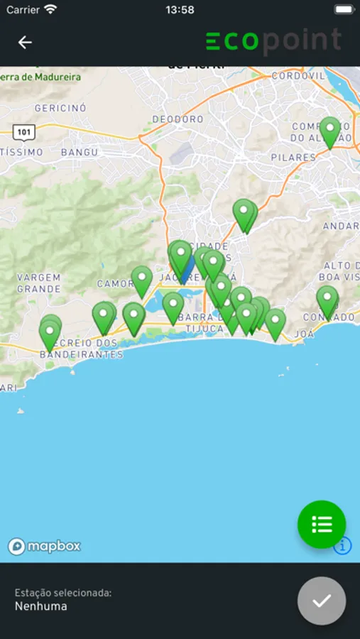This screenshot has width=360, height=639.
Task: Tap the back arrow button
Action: click(x=25, y=43)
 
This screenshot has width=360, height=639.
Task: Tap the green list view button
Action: click(x=322, y=525)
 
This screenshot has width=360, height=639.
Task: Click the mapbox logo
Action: click(x=44, y=546)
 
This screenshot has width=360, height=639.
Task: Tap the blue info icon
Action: click(x=343, y=545)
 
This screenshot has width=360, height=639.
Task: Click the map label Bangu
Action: click(x=80, y=152)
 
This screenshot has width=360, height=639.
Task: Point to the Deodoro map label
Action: click(x=177, y=119)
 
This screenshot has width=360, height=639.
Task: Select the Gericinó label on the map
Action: click(x=60, y=108)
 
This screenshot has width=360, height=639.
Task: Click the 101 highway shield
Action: click(x=23, y=131)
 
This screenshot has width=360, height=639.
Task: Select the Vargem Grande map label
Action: click(x=39, y=283)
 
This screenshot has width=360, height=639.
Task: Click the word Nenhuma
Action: click(x=41, y=606)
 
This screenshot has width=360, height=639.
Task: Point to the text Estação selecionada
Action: click(x=63, y=592)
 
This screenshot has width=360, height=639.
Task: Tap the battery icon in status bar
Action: click(x=344, y=10)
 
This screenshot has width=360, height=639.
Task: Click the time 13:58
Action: click(x=180, y=10)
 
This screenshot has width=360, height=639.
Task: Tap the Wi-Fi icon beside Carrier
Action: click(x=50, y=10)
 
